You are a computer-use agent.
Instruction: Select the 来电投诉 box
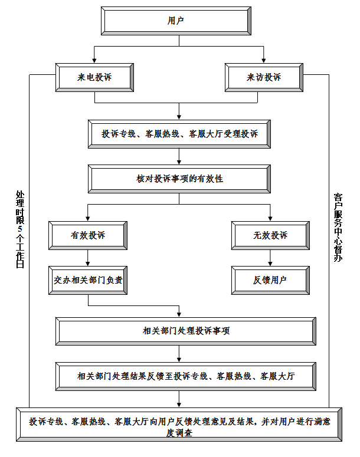point(94,77)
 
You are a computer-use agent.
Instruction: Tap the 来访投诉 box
point(264,77)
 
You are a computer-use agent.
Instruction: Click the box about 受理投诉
point(179,134)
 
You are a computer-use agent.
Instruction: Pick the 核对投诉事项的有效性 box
point(179,179)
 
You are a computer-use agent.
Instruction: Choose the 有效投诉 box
point(88,235)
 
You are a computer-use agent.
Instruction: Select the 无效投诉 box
point(270,235)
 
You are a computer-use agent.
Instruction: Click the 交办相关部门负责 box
point(88,280)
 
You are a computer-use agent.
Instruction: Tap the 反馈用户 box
point(270,280)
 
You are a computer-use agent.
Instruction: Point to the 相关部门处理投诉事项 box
point(186,331)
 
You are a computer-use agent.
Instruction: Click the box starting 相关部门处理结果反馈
point(186,376)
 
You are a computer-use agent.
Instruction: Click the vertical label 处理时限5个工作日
point(21,230)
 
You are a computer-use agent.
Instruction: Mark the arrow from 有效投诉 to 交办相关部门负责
point(88,258)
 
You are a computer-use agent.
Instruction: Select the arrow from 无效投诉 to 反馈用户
point(270,258)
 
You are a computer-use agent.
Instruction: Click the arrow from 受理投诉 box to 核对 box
point(179,157)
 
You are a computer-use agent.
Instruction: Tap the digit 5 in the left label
point(21,228)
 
